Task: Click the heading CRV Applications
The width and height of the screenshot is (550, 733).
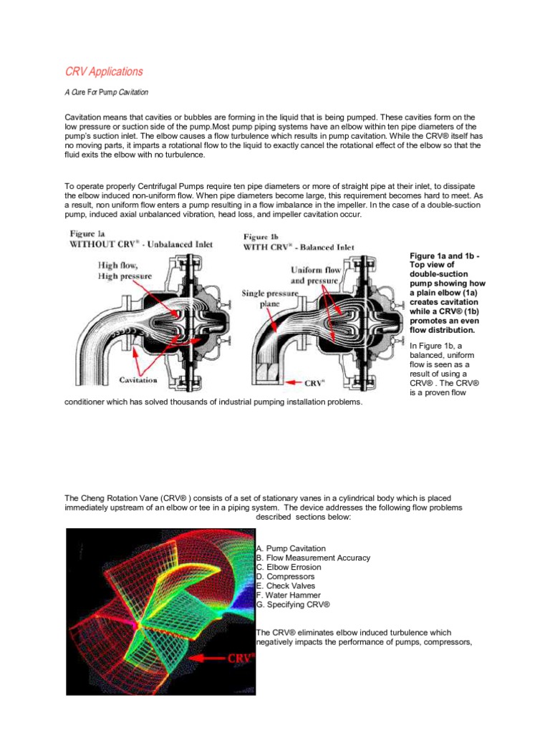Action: (x=104, y=72)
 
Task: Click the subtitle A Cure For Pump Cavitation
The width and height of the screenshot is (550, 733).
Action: (x=106, y=92)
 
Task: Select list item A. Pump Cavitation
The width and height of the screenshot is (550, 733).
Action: (x=290, y=548)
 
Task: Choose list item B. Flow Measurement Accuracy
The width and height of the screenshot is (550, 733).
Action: (x=313, y=558)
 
